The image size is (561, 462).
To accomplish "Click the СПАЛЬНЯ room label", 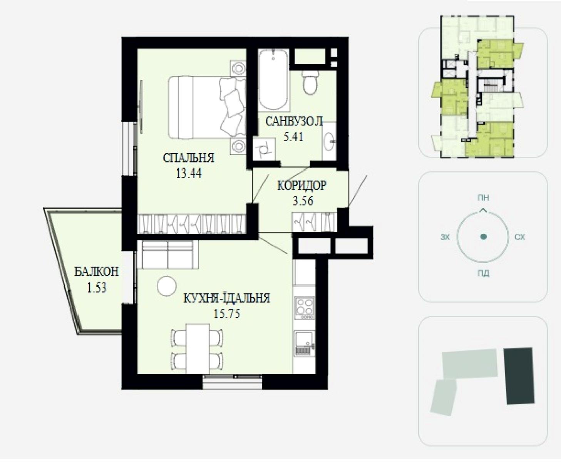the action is pos(188,158).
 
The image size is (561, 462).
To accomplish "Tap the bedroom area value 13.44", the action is pos(189,173).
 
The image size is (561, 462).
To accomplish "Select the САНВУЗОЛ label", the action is pos(294,121).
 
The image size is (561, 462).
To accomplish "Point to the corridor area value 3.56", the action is pos(303,201).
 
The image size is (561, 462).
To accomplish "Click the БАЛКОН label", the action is pos(97,272).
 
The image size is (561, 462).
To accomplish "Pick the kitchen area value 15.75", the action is pos(227,313).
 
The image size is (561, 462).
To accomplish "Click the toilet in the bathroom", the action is pos(310,82).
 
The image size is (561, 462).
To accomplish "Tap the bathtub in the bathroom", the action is pos(273,80).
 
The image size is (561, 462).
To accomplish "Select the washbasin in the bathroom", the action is pos(330,142).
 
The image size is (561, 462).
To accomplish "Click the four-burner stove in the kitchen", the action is pos(305,308).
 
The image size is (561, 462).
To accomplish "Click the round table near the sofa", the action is pos(167,286).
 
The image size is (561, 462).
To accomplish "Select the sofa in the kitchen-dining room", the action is pos(167,254).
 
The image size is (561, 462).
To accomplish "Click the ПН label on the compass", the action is pos(483,198).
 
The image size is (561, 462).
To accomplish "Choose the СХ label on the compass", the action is pos(520,237).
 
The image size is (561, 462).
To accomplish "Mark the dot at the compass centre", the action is pos(483,237).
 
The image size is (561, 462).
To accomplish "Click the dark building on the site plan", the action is pos(519,376).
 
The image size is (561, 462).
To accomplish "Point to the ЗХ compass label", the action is pos(445,237).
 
